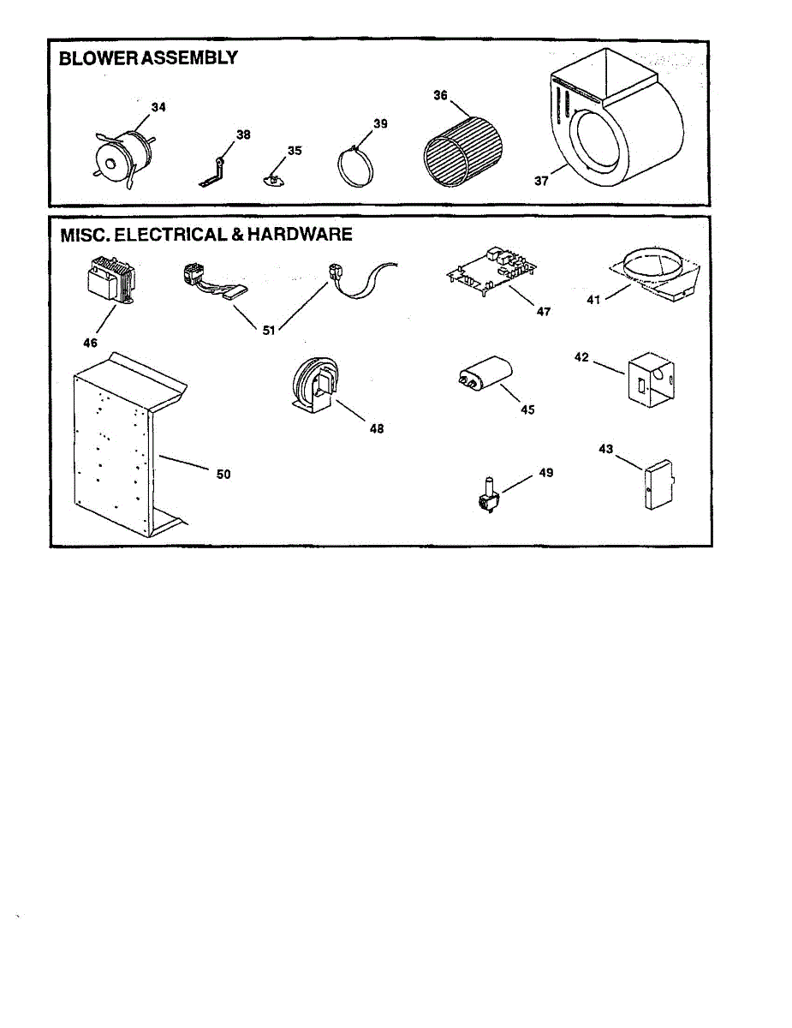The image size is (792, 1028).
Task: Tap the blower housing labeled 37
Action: [612, 120]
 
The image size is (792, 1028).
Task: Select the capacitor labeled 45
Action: [485, 377]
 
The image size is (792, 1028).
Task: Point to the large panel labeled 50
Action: [116, 445]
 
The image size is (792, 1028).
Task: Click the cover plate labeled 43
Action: [658, 487]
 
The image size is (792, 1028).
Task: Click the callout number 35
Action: [295, 151]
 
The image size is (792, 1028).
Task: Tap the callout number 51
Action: [269, 331]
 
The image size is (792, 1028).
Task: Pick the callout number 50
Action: [223, 474]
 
